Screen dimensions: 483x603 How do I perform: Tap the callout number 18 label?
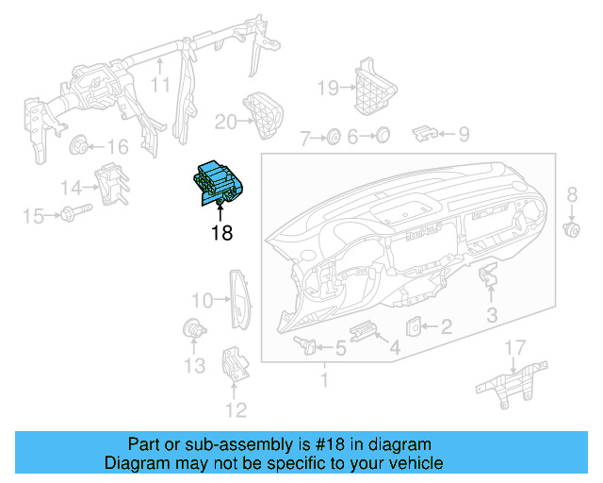click(x=220, y=232)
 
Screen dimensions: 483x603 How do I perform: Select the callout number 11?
click(x=161, y=84)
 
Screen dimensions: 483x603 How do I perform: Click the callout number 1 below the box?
click(x=324, y=381)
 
